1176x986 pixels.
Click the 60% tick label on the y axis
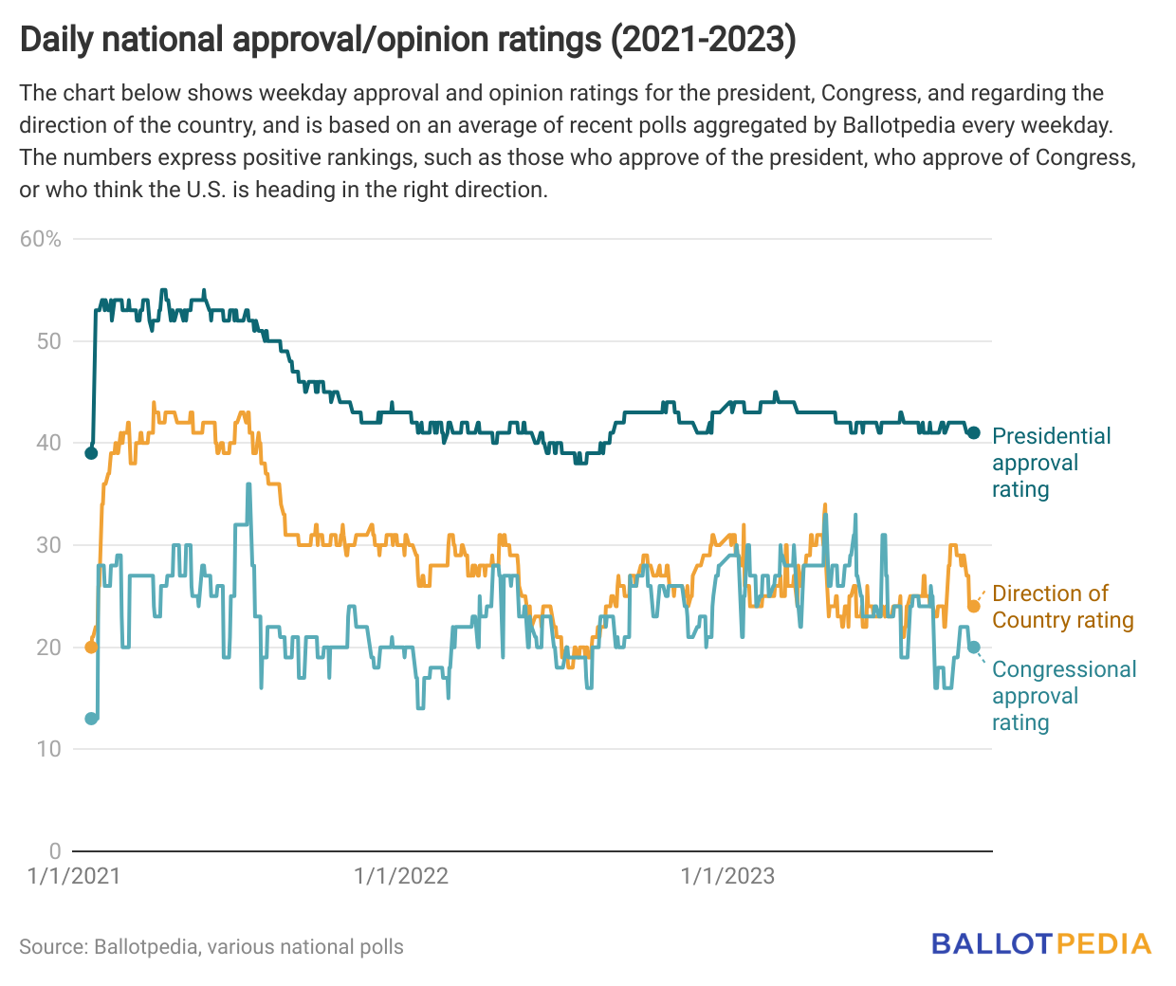pos(41,239)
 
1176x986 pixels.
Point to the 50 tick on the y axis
pos(48,341)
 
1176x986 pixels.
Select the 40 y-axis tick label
pos(48,443)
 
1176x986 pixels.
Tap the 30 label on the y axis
pos(48,545)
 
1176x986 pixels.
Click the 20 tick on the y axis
pos(48,648)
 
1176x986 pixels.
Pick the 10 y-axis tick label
pos(48,749)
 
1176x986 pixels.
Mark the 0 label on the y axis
pos(55,851)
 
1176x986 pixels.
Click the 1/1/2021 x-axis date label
pos(74,876)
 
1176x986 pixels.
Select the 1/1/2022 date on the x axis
pos(400,876)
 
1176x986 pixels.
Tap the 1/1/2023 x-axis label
pos(727,876)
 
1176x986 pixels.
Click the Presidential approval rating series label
pos(1050,463)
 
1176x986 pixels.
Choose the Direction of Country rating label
pos(1062,607)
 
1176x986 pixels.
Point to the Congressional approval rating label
pos(1063,696)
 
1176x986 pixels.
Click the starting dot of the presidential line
pos(91,453)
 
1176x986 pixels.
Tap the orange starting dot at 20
pos(91,648)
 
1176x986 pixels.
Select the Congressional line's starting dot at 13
pos(91,719)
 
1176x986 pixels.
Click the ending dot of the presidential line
pos(973,433)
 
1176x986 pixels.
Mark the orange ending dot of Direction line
pos(973,607)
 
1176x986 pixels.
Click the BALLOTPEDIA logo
pos(1040,944)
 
